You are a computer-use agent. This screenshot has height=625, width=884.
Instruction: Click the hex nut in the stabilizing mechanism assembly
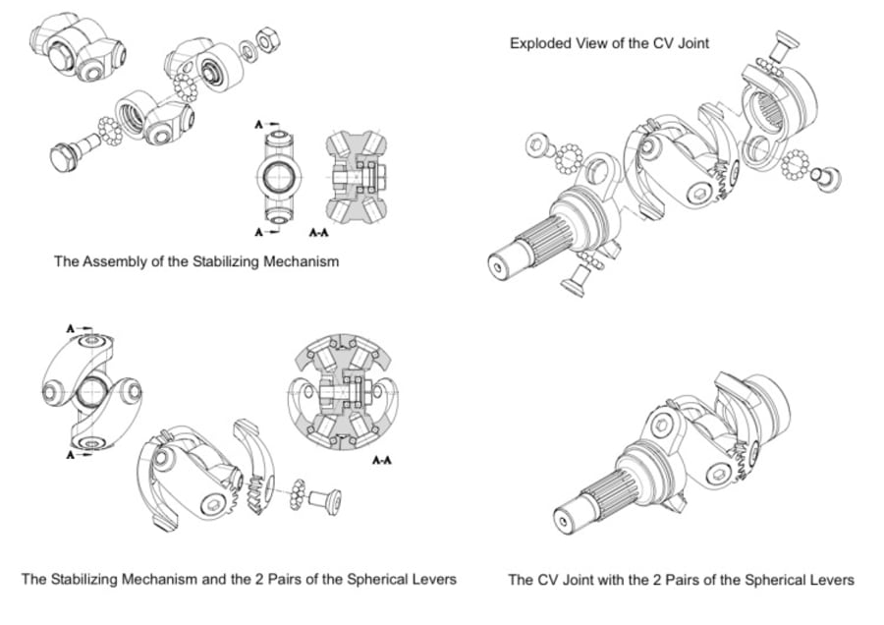click(264, 41)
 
